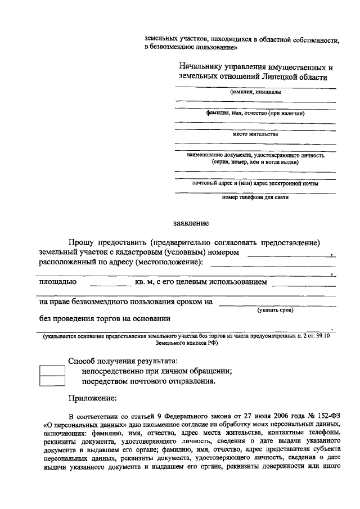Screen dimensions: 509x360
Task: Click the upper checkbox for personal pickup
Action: [x=52, y=371]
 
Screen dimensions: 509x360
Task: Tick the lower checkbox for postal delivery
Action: [x=52, y=381]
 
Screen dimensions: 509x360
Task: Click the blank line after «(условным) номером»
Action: [x=289, y=256]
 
